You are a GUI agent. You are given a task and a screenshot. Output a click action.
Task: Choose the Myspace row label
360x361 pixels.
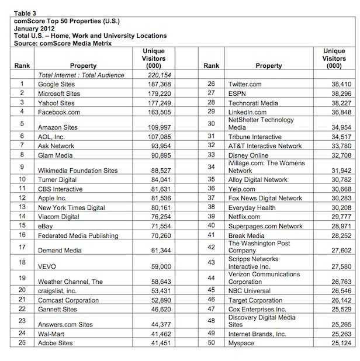pos(241,343)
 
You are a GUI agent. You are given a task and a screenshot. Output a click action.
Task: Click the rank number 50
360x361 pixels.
pos(211,343)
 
